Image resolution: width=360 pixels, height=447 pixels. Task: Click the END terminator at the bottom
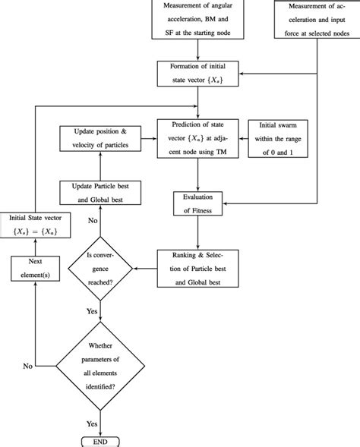click(101, 441)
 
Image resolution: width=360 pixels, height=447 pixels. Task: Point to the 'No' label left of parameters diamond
click(27, 365)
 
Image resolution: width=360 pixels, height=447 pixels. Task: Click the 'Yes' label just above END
click(91, 423)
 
